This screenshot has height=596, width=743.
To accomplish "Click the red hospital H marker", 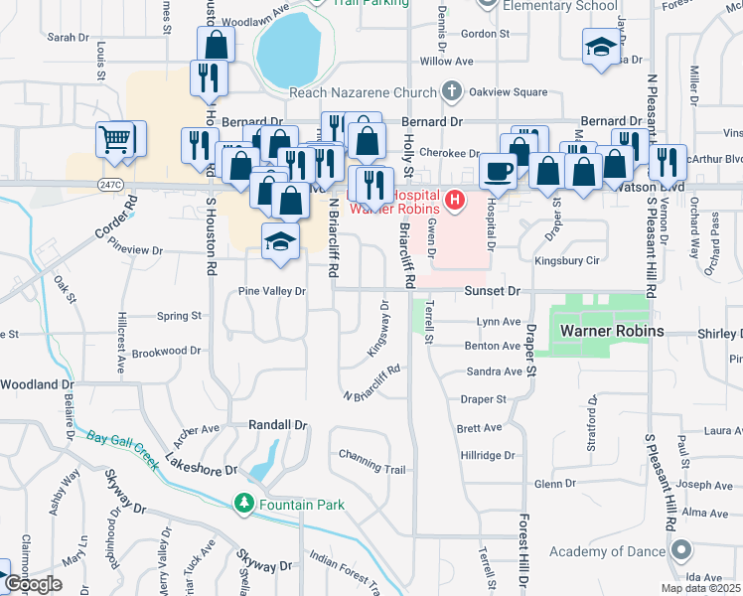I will click(x=455, y=201).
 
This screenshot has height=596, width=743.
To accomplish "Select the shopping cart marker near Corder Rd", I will click(x=116, y=139).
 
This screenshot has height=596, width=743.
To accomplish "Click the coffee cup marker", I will click(x=498, y=170).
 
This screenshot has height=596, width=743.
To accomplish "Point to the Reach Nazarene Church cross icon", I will click(x=452, y=92).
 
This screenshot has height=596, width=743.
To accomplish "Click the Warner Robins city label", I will click(x=611, y=330).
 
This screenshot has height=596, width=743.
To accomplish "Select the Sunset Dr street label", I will click(x=492, y=292).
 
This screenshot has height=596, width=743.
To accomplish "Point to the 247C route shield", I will click(x=110, y=185).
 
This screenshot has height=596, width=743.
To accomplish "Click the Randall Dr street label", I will click(x=277, y=424).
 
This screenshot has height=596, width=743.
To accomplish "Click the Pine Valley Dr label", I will click(x=271, y=292).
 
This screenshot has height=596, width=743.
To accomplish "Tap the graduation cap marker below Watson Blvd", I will click(x=281, y=242).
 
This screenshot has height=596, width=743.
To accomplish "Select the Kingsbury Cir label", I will click(x=567, y=261).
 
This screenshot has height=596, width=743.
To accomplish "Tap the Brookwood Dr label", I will click(x=166, y=352).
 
